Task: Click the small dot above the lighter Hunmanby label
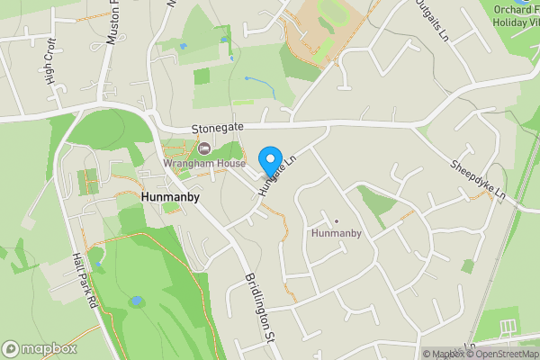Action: [336, 220]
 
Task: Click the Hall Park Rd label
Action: [84, 279]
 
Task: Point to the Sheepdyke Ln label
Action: [479, 180]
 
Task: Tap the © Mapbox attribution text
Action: [444, 354]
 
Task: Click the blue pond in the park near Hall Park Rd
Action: [136, 301]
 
